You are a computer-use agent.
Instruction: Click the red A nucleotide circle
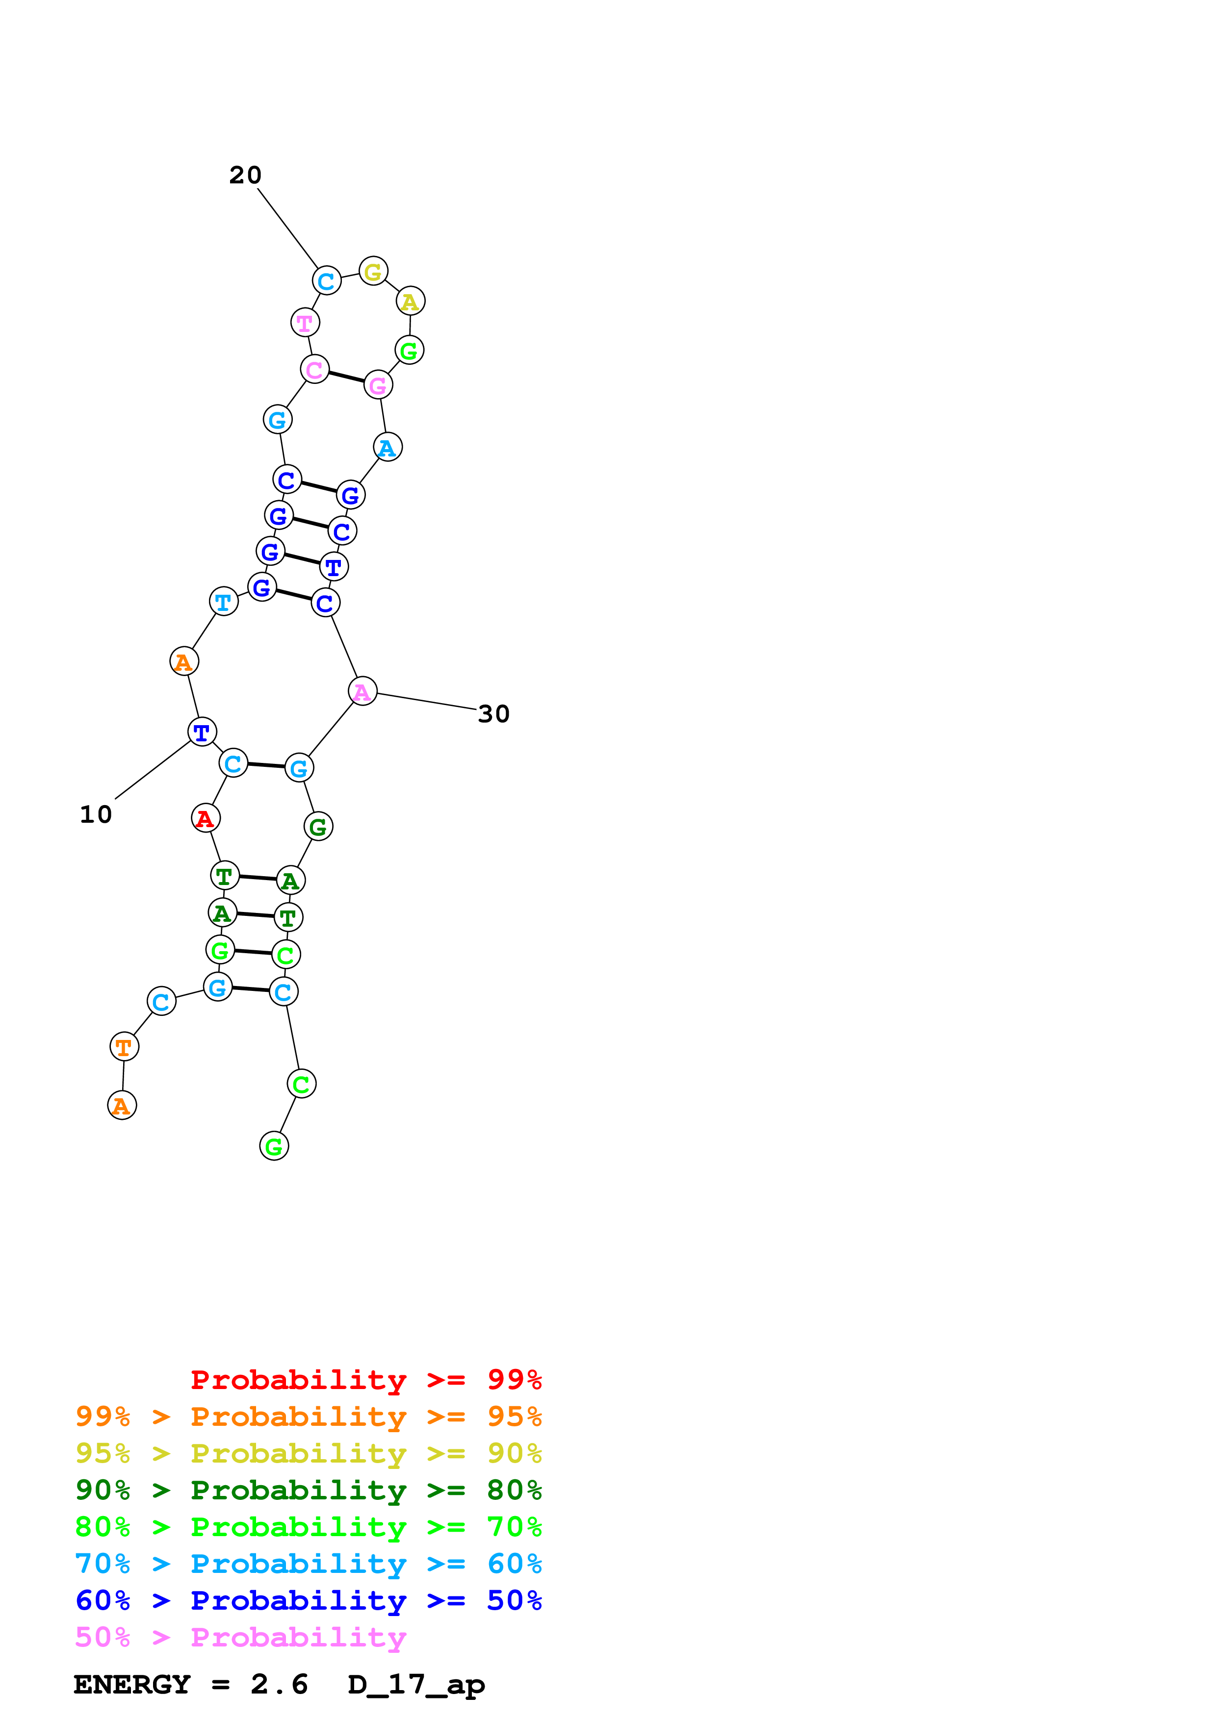(206, 818)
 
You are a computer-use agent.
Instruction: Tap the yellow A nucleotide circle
(410, 301)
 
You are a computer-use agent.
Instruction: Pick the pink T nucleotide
(305, 323)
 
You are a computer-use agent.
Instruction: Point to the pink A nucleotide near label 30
(362, 691)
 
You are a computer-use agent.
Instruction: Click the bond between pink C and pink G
(346, 377)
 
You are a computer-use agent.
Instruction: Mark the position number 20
(245, 176)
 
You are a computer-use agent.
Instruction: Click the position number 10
(96, 814)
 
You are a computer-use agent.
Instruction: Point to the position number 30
(494, 714)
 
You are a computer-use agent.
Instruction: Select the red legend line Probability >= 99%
(365, 1380)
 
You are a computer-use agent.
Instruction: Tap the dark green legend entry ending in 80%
(309, 1490)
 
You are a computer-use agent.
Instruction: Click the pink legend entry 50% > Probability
(240, 1638)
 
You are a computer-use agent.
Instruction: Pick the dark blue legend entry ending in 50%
(309, 1601)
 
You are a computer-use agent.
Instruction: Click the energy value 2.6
(279, 1685)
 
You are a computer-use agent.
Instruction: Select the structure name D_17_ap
(416, 1685)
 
